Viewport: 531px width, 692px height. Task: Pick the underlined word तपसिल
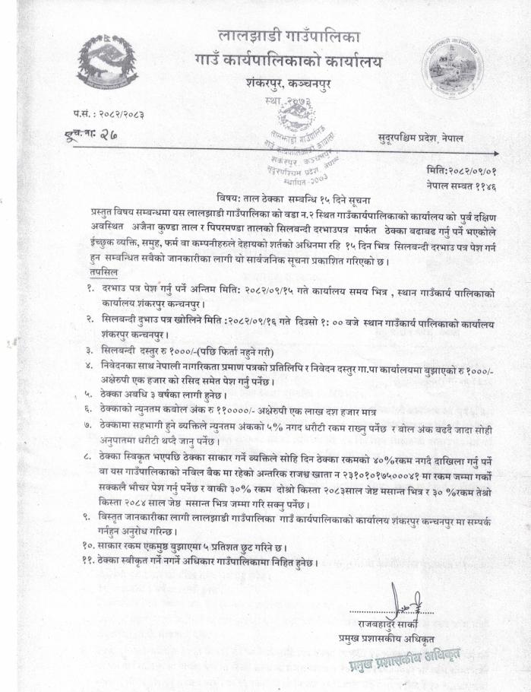[x=102, y=271]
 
